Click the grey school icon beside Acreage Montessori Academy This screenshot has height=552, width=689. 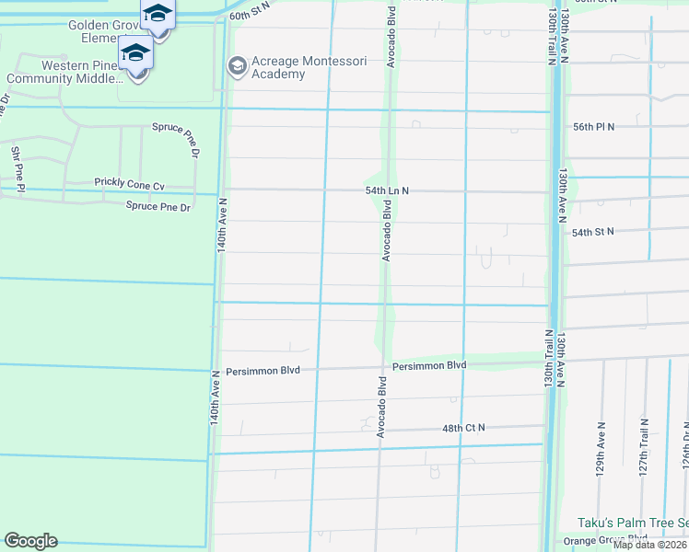pyautogui.click(x=237, y=65)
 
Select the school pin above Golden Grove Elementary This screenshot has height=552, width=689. pyautogui.click(x=158, y=14)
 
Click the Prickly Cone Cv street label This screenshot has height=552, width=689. pyautogui.click(x=129, y=184)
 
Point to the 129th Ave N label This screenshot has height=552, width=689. pyautogui.click(x=601, y=449)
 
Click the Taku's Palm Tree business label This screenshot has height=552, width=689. pyautogui.click(x=632, y=523)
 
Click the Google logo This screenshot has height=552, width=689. pyautogui.click(x=30, y=541)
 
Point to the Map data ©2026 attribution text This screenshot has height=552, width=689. pyautogui.click(x=649, y=545)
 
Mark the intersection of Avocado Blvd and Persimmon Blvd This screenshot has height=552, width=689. pyautogui.click(x=380, y=367)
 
